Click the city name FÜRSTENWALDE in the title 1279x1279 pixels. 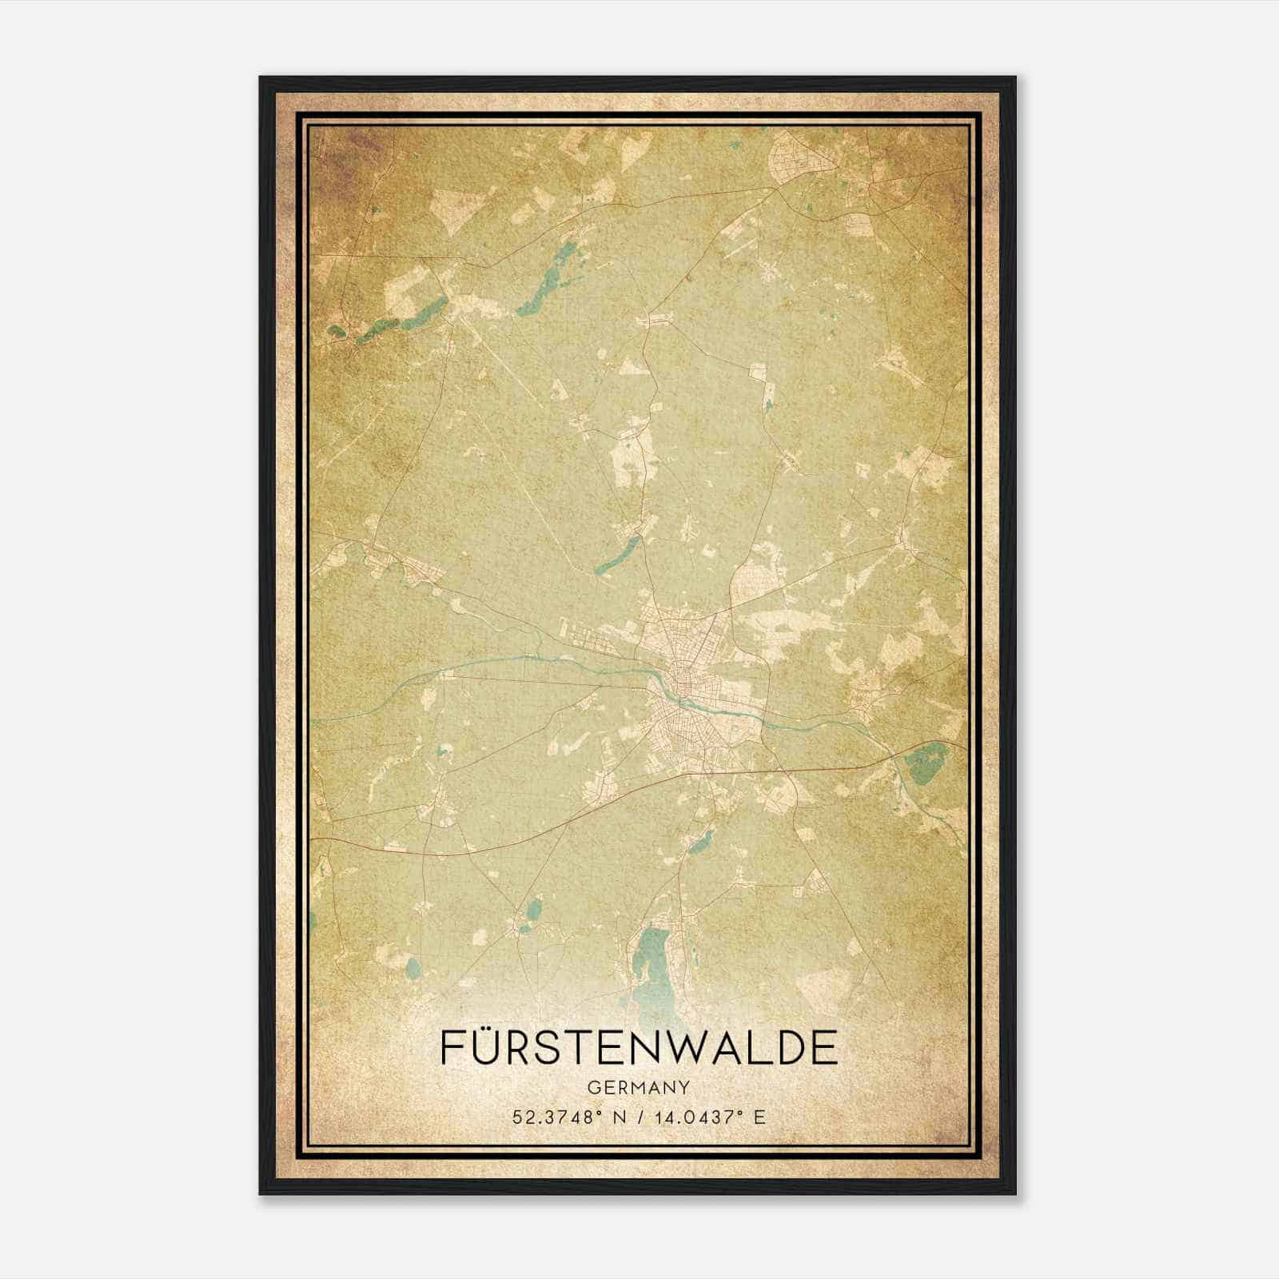point(639,1048)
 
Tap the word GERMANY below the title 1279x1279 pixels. point(639,1087)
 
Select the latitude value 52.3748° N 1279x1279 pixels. point(568,1117)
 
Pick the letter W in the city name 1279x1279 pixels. point(700,1048)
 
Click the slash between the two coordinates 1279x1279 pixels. point(639,1117)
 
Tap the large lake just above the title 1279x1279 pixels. point(654,971)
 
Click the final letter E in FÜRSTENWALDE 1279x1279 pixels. point(826,1048)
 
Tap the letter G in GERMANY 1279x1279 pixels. point(592,1087)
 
